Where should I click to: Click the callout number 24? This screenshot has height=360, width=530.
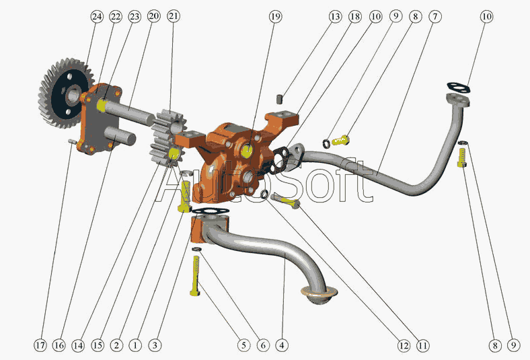click(x=97, y=17)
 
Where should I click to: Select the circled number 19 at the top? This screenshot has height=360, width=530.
click(x=275, y=17)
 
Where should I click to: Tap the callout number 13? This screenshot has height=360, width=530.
click(x=335, y=17)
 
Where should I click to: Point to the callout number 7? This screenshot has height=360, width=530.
click(x=434, y=17)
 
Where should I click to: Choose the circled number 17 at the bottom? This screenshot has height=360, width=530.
click(x=40, y=345)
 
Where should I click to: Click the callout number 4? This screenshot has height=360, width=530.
click(x=282, y=345)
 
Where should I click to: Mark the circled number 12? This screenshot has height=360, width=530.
click(x=404, y=345)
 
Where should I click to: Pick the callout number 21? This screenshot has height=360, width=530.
click(x=174, y=17)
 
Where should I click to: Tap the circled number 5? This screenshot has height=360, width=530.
click(x=243, y=345)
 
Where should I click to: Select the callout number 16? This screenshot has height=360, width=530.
click(x=59, y=345)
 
